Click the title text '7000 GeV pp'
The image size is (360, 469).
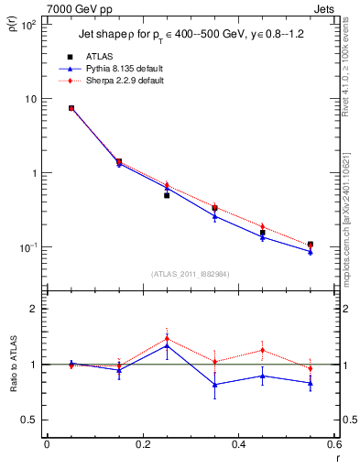(x=73, y=7)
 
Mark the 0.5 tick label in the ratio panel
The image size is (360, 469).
(x=33, y=420)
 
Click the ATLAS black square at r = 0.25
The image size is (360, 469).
(x=167, y=195)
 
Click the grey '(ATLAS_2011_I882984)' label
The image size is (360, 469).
(x=191, y=274)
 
